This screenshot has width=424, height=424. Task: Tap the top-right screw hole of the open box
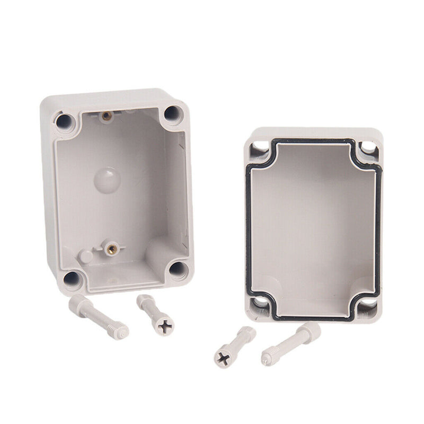(172, 113)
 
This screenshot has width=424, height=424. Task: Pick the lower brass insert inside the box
(111, 248)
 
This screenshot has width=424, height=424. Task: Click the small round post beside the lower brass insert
(85, 257)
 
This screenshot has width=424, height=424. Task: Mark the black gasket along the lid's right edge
(378, 228)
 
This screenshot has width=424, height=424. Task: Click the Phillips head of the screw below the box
(165, 324)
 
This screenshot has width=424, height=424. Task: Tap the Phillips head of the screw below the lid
(222, 358)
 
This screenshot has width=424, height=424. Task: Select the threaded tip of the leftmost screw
(120, 332)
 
